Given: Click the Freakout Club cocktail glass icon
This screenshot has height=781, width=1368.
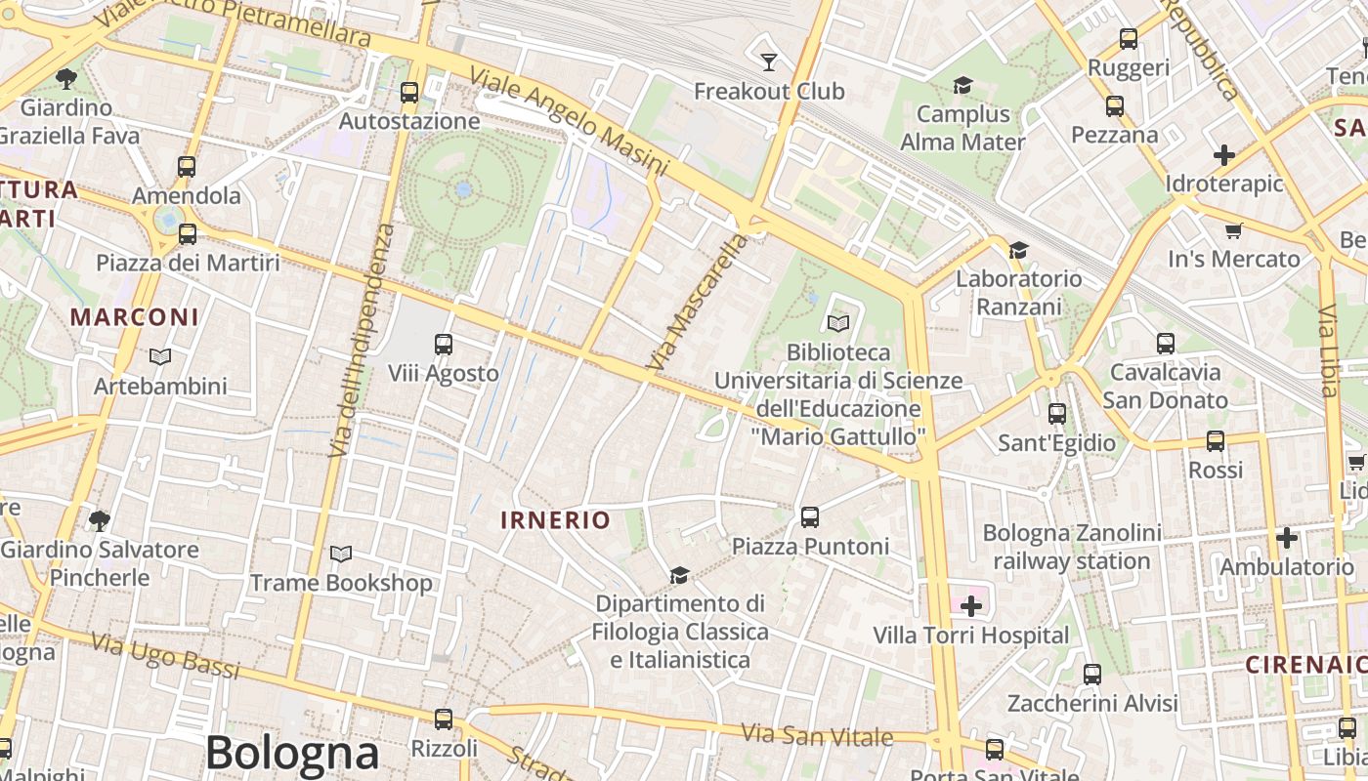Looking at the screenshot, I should coord(769,62).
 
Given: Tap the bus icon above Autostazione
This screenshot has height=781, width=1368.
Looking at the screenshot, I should coord(409,93).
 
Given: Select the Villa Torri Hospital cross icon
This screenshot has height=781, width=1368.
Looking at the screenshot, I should coord(970,606).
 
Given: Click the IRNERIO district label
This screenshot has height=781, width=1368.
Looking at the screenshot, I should coord(555,520).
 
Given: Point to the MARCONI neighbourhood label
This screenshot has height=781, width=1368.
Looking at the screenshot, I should coord(135,317).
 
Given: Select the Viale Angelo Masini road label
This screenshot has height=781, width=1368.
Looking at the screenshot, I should coord(568,122).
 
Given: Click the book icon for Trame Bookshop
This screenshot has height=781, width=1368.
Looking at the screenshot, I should coord(340,555).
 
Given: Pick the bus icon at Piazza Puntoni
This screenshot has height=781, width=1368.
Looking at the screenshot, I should coord(809,517).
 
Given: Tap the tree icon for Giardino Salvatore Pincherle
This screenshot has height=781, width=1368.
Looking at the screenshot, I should coord(99,520).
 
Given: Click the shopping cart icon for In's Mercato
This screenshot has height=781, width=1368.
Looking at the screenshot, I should coord(1233,231).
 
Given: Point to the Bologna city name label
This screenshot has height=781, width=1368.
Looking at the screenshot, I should coord(292,753).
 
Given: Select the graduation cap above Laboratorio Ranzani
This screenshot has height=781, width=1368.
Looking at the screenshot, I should coord(1018,251).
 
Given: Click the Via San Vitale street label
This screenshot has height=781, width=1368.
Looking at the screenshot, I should coord(817,734).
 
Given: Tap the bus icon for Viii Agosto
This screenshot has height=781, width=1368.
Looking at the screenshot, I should coord(443,345).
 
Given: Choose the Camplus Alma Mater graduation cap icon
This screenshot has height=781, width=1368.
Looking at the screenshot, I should coord(962,86).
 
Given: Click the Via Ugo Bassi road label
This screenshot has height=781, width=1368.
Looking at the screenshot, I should coord(165,655).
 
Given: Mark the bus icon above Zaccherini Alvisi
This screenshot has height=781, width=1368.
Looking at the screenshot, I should coord(1091,675).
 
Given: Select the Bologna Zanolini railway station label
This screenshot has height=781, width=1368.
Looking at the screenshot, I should coord(1072,547).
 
